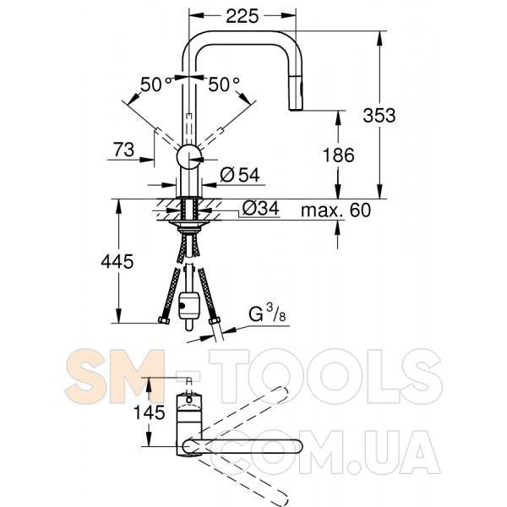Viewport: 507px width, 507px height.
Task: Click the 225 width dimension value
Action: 243,16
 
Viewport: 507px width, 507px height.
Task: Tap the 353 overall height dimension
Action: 379,115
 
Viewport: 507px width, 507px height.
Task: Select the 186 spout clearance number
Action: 339,155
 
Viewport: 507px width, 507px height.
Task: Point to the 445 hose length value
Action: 117,261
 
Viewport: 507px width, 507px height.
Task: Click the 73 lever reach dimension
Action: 124,150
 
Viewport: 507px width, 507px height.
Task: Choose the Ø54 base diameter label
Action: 240,175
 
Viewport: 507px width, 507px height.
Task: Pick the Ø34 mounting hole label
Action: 260,208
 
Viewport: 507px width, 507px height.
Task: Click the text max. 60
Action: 335,210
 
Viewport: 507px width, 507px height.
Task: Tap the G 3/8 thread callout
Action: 267,313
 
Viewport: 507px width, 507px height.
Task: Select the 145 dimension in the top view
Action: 149,412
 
